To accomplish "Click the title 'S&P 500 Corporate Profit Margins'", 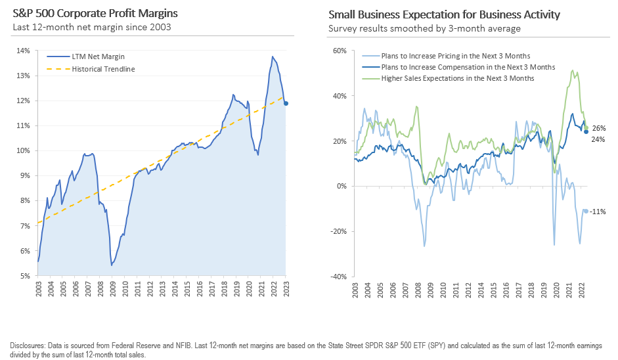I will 95,14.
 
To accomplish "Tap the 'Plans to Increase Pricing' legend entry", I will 456,56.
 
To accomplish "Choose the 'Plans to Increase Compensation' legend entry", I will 468,67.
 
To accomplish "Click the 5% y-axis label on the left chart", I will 23,276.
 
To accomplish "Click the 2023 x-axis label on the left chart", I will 286,290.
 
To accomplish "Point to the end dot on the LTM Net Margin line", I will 286,103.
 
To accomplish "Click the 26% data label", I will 598,128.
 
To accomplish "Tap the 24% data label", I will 598,139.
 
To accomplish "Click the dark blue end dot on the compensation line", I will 586,131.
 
